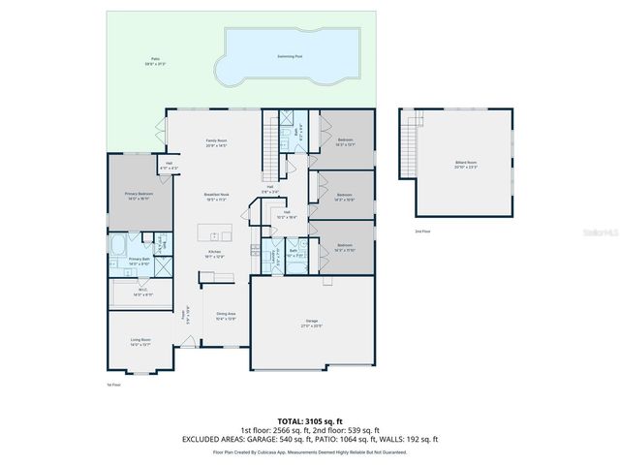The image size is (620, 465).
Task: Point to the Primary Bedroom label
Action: pyautogui.click(x=139, y=195)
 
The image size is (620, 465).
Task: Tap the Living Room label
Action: pyautogui.click(x=140, y=341)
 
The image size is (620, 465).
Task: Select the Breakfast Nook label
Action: pyautogui.click(x=216, y=196)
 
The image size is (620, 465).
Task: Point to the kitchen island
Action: pyautogui.click(x=215, y=233)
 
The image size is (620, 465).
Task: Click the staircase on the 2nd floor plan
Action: pyautogui.click(x=418, y=145)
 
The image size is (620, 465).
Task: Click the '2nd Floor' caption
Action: pyautogui.click(x=422, y=232)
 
